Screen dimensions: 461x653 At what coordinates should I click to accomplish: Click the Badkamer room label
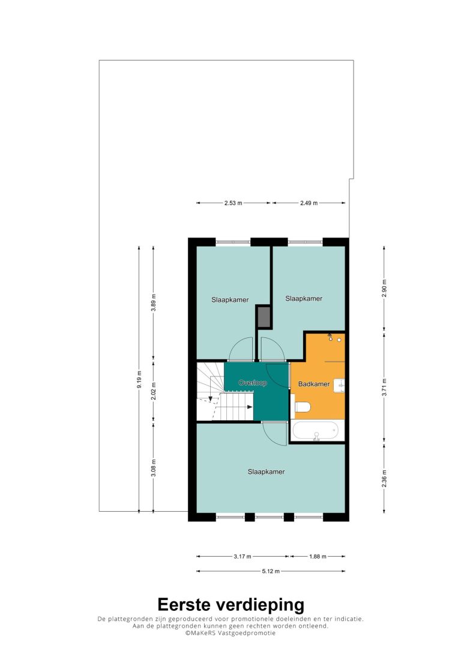pyautogui.click(x=314, y=384)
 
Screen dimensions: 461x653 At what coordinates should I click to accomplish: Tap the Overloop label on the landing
pyautogui.click(x=252, y=383)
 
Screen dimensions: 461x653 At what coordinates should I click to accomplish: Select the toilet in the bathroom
pyautogui.click(x=302, y=407)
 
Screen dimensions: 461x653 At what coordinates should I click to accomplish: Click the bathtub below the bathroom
pyautogui.click(x=315, y=431)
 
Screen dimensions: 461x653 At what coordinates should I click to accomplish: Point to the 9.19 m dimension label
pyautogui.click(x=139, y=379)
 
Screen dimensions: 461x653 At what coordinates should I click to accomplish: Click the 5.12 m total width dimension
pyautogui.click(x=271, y=571)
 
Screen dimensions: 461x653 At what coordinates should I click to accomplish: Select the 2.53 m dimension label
pyautogui.click(x=234, y=203)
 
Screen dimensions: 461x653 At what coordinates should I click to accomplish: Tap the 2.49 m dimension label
pyautogui.click(x=309, y=203)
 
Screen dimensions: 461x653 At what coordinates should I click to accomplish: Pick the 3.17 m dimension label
pyautogui.click(x=243, y=556)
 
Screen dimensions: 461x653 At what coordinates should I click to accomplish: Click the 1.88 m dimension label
pyautogui.click(x=318, y=556)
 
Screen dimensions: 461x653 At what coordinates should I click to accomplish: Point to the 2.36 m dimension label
pyautogui.click(x=384, y=479)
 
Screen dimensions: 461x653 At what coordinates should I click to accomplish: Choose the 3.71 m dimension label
pyautogui.click(x=384, y=387)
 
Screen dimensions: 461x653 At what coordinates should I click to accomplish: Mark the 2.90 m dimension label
pyautogui.click(x=384, y=289)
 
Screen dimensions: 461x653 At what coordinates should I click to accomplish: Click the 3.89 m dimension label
pyautogui.click(x=154, y=303)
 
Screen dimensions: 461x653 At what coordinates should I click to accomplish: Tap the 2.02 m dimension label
pyautogui.click(x=154, y=391)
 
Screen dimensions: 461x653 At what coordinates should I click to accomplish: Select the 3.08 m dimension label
pyautogui.click(x=154, y=468)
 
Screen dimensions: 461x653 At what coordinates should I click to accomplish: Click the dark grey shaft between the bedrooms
pyautogui.click(x=264, y=317)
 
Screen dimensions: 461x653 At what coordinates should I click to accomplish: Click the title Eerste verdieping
pyautogui.click(x=230, y=605)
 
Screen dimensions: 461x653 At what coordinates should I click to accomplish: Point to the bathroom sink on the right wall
pyautogui.click(x=339, y=385)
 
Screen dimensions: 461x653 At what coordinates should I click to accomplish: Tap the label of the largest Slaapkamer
pyautogui.click(x=266, y=472)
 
